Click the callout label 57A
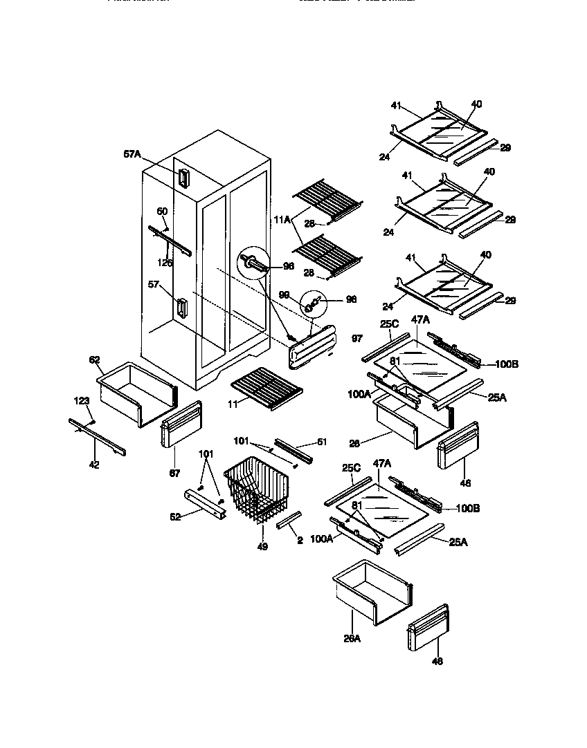[x=132, y=155]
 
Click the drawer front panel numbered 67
[x=180, y=424]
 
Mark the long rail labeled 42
[x=96, y=437]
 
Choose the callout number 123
[x=82, y=400]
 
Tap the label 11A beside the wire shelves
[x=282, y=219]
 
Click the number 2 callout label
[x=300, y=540]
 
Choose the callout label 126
[x=165, y=263]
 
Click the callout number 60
[x=161, y=212]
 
